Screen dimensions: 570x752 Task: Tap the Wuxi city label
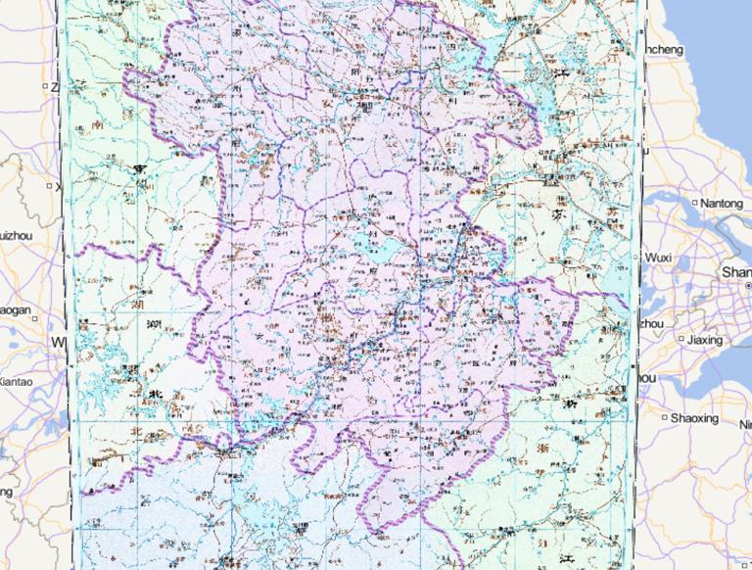tap(658, 258)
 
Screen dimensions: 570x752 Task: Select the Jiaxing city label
tap(704, 340)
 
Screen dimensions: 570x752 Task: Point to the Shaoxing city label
tap(694, 418)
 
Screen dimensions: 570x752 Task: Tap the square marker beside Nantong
tap(695, 203)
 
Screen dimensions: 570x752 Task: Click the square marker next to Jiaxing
tap(681, 340)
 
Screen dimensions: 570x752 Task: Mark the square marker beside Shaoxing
tap(665, 418)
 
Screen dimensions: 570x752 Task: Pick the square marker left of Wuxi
tap(638, 258)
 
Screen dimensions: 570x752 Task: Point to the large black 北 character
tap(153, 395)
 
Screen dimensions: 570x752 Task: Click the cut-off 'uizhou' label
tap(16, 235)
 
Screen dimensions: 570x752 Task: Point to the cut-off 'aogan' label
tap(16, 310)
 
